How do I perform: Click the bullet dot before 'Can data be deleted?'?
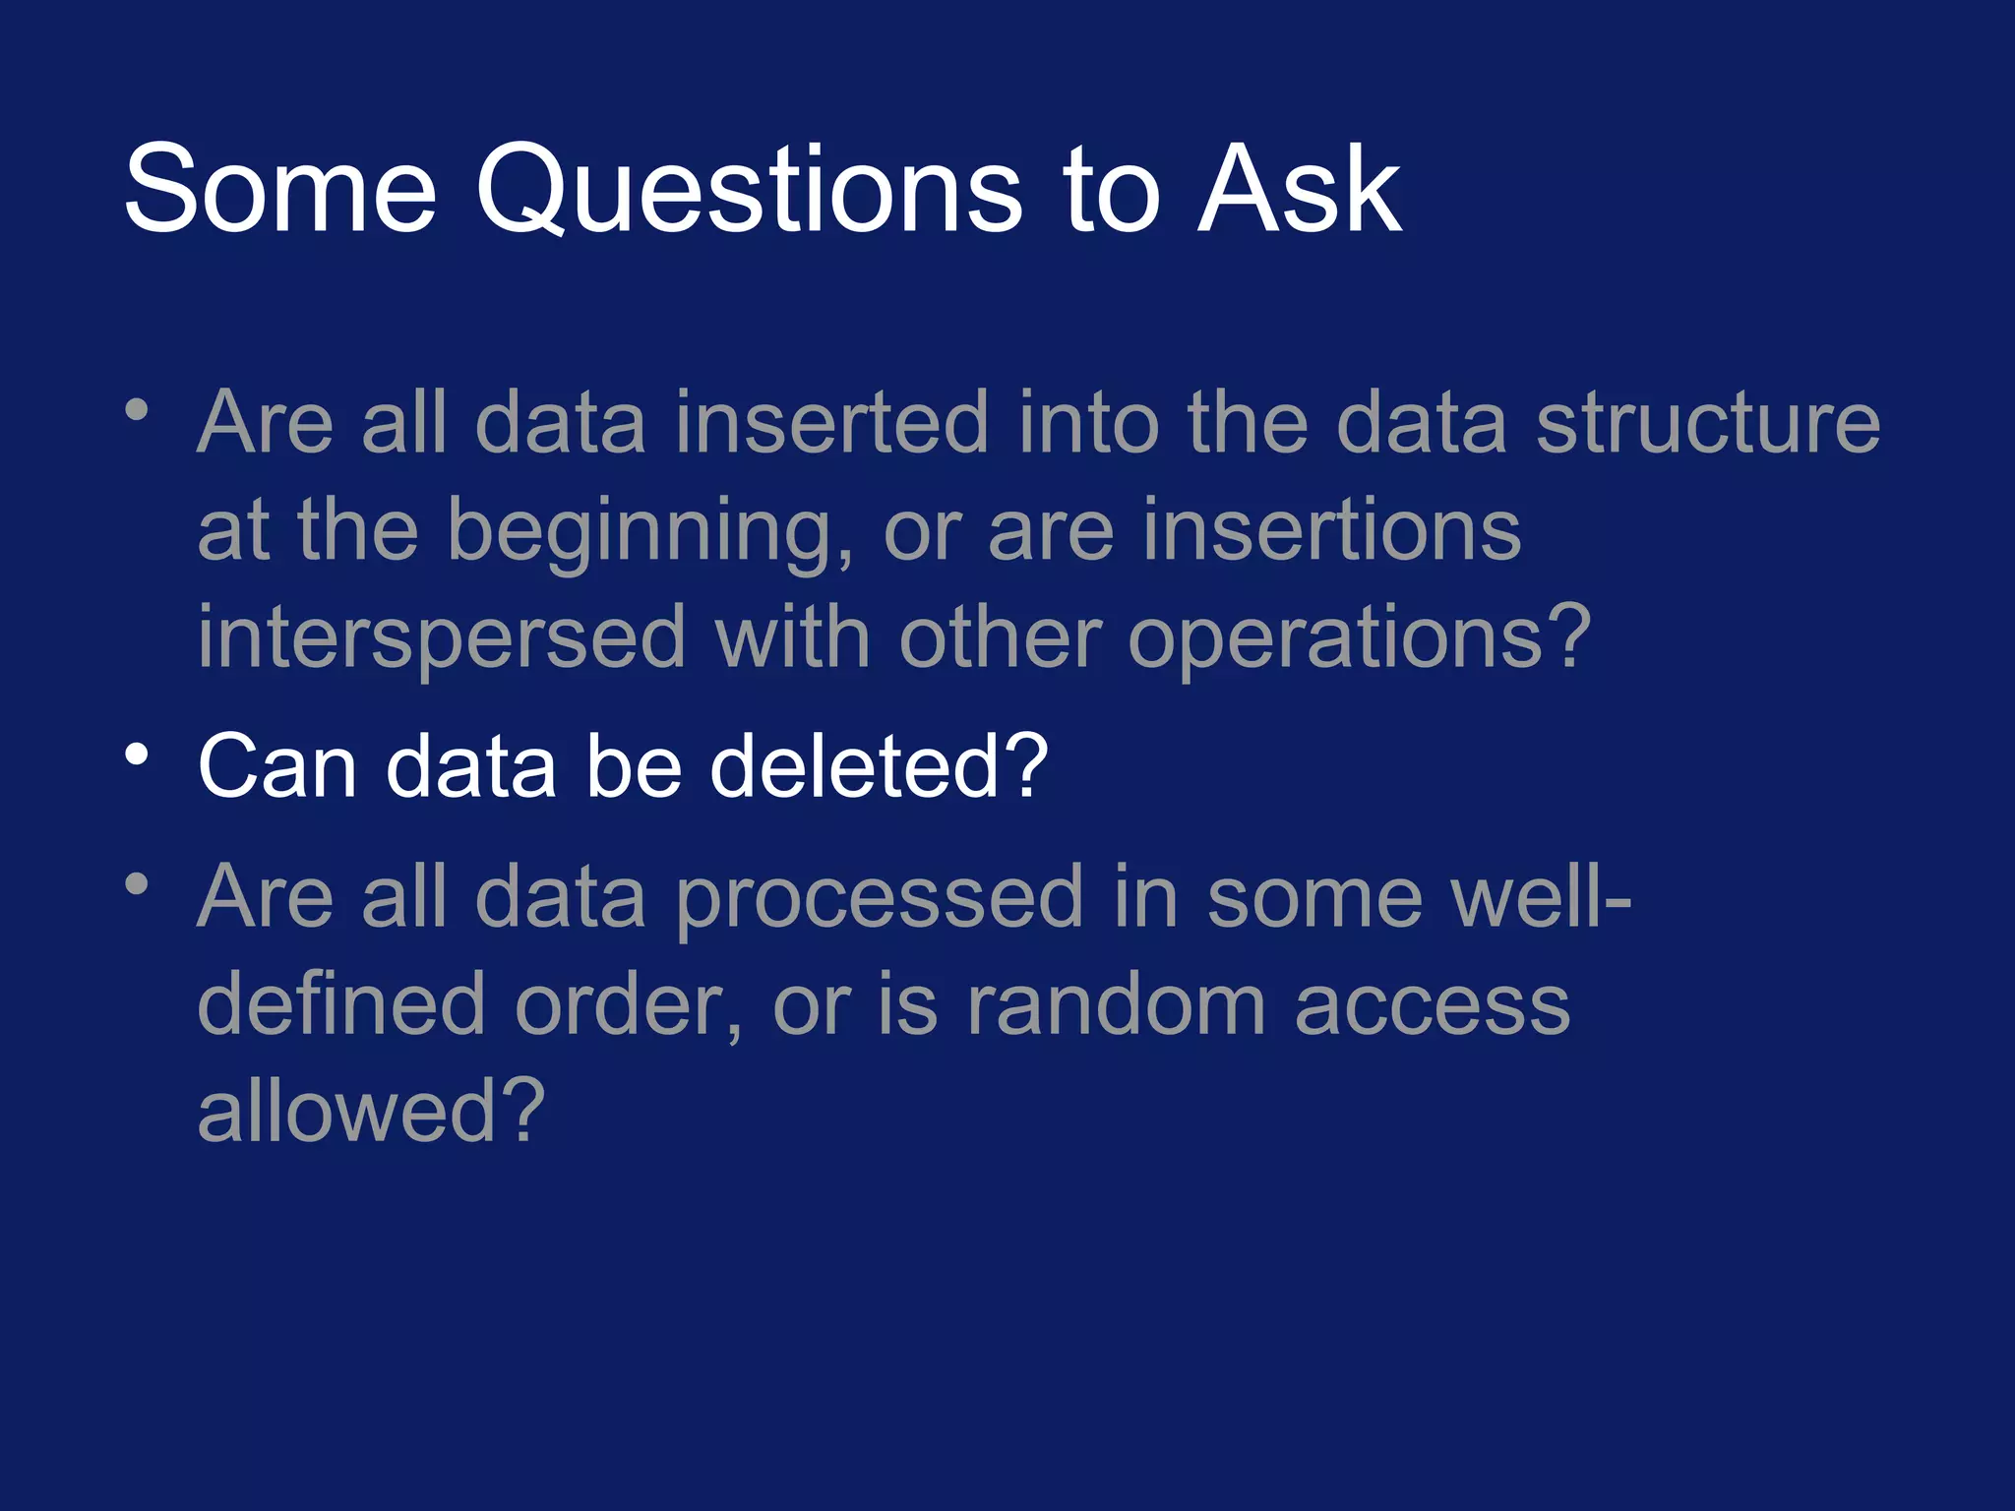pos(137,755)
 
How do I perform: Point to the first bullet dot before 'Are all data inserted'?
pos(137,409)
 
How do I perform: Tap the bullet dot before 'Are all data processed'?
pos(137,883)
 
